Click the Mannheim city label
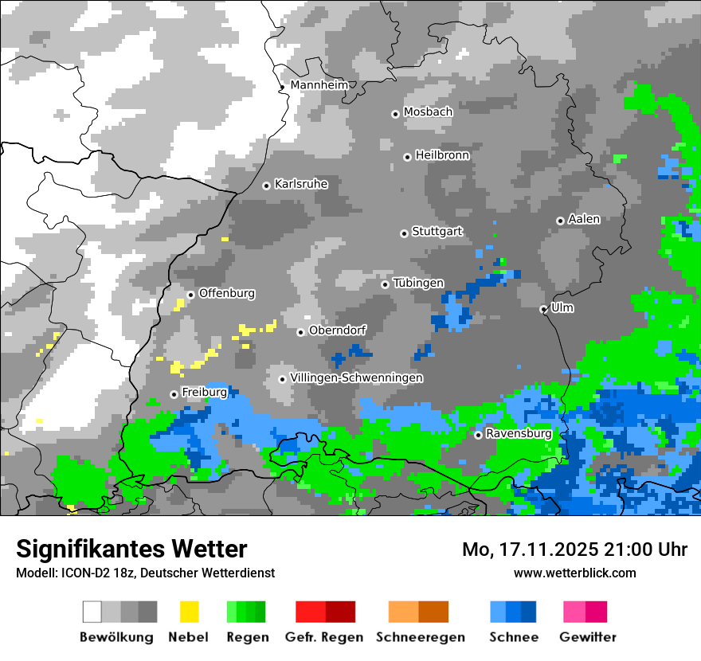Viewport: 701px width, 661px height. click(319, 85)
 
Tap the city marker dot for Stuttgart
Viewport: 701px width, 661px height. click(404, 233)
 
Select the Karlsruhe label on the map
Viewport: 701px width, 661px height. click(301, 184)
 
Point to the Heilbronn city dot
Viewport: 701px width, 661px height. click(407, 157)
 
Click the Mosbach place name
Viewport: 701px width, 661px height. click(428, 112)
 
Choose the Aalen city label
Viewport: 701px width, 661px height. click(584, 219)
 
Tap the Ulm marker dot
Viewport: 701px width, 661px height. click(543, 309)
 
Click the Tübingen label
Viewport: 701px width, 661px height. click(418, 284)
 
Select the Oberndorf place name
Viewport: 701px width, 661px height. click(338, 330)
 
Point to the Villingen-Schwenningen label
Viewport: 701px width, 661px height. click(357, 377)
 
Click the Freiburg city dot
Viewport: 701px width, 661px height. click(174, 394)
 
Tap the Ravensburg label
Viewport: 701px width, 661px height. click(519, 434)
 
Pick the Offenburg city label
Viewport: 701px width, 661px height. click(227, 293)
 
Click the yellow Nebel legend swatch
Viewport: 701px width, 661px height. click(189, 612)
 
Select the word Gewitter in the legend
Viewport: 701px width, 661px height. click(588, 637)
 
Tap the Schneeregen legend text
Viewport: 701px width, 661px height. click(420, 637)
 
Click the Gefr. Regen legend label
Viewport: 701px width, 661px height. click(324, 637)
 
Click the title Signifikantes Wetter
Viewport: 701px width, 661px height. click(131, 549)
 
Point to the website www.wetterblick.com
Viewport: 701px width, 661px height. click(575, 573)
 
